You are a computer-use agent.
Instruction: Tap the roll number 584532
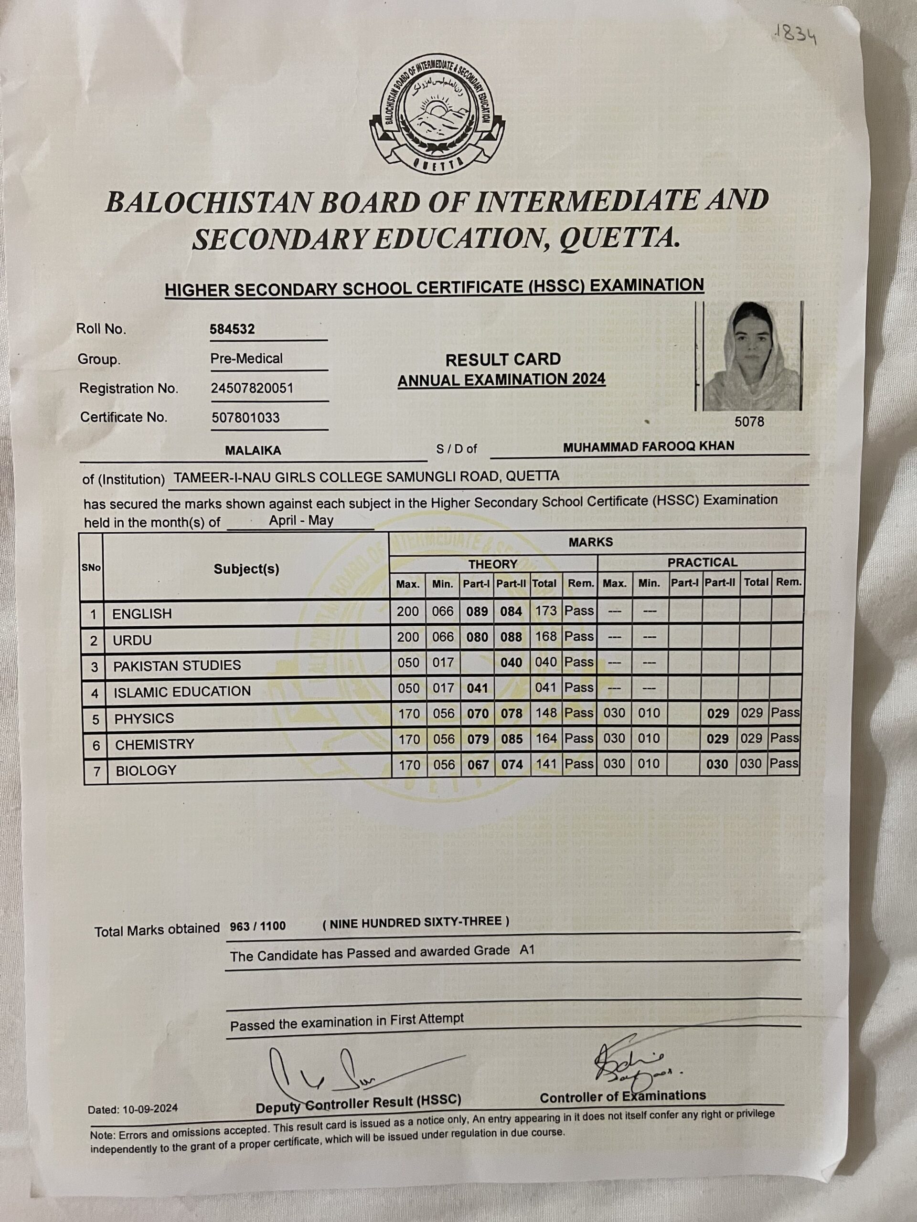click(232, 329)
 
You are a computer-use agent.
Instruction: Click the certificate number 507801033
click(245, 417)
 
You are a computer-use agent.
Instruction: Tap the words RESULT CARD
click(503, 359)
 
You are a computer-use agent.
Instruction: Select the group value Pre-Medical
click(246, 358)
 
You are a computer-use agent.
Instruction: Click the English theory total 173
click(546, 611)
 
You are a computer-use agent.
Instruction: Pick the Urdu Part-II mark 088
click(512, 637)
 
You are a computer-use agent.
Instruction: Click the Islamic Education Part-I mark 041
click(478, 688)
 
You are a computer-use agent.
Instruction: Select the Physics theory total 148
click(546, 713)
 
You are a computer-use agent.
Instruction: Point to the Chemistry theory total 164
click(546, 738)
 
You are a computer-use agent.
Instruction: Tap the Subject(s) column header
click(246, 569)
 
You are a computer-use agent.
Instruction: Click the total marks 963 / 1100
click(257, 927)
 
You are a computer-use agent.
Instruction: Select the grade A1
click(527, 950)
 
